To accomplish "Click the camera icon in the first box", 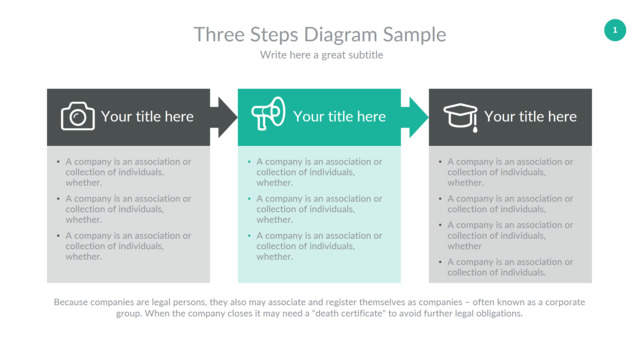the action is [x=78, y=116].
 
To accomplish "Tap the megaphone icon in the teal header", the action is [x=268, y=113].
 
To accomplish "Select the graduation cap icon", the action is [x=460, y=118].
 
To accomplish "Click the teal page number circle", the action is [x=615, y=30].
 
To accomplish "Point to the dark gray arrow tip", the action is [x=237, y=117].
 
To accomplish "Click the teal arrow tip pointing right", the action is [x=428, y=117].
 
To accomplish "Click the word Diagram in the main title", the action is [x=341, y=35].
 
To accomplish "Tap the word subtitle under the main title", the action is [x=366, y=55].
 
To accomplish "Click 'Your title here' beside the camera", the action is [x=147, y=117].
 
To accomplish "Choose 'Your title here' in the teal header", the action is [x=339, y=117].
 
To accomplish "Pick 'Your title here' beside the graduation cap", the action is [x=530, y=117].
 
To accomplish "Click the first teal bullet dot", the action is [x=249, y=162].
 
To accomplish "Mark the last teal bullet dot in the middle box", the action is [x=249, y=236].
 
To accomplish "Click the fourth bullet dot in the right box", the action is [x=440, y=262].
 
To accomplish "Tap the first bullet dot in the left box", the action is [x=58, y=162].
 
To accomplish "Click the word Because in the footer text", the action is [x=71, y=302].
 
